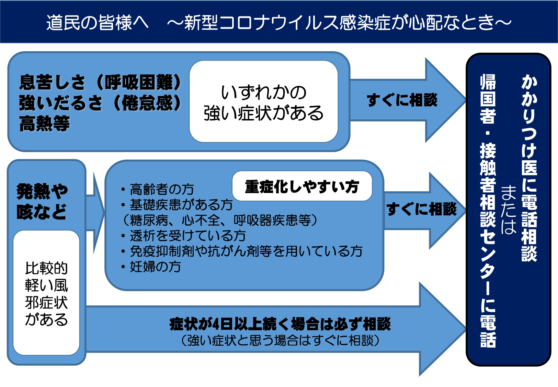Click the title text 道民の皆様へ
(98, 22)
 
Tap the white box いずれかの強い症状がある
(264, 101)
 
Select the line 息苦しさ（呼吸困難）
(100, 82)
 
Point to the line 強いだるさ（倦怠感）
(100, 103)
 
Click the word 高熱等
(44, 123)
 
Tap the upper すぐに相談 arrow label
(402, 100)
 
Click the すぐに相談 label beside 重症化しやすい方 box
(421, 209)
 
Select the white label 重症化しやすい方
(302, 186)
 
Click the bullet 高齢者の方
(157, 189)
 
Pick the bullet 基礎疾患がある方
(176, 205)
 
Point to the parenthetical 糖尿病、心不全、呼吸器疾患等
(220, 220)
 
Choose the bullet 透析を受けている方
(183, 236)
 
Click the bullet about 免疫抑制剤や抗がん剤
(242, 251)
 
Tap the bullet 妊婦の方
(151, 267)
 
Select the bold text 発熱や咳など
(42, 201)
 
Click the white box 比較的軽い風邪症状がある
(46, 293)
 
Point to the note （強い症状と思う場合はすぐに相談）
(280, 340)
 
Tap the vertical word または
(509, 209)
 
